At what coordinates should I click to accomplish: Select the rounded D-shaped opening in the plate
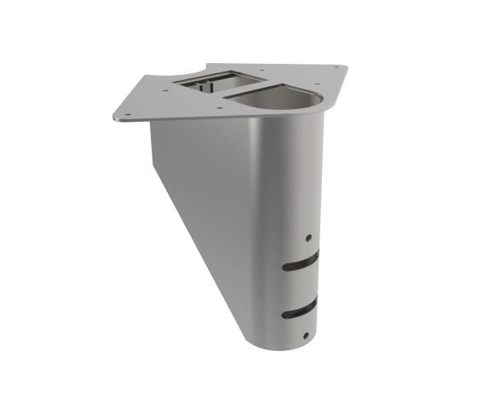(x=274, y=98)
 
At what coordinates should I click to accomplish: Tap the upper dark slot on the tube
(x=301, y=261)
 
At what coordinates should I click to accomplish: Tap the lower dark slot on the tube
(x=301, y=308)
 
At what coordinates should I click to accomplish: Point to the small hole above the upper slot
(x=308, y=239)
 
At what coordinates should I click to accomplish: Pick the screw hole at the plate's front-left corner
(x=127, y=112)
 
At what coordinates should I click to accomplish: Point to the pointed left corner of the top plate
(x=114, y=118)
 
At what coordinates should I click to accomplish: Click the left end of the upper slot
(x=287, y=267)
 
